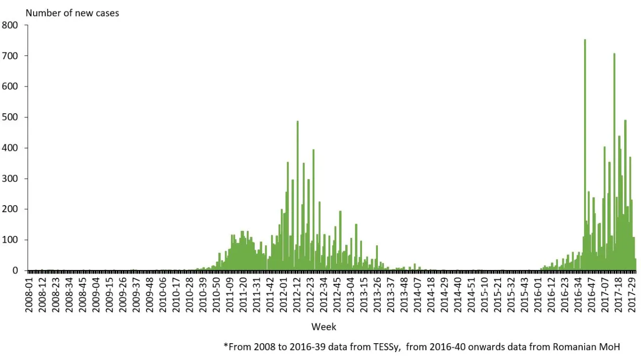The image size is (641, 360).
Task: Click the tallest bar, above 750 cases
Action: point(585,148)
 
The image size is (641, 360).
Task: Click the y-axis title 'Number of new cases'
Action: point(72,13)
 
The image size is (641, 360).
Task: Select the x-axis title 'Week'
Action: point(323,327)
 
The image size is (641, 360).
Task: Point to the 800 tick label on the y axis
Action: point(10,25)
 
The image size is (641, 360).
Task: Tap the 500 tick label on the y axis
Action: point(10,117)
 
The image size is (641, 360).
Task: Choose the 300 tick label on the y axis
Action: point(10,179)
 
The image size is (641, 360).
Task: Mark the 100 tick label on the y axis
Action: point(10,240)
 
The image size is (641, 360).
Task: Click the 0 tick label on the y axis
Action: point(15,270)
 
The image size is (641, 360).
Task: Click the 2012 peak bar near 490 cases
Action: point(297,198)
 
